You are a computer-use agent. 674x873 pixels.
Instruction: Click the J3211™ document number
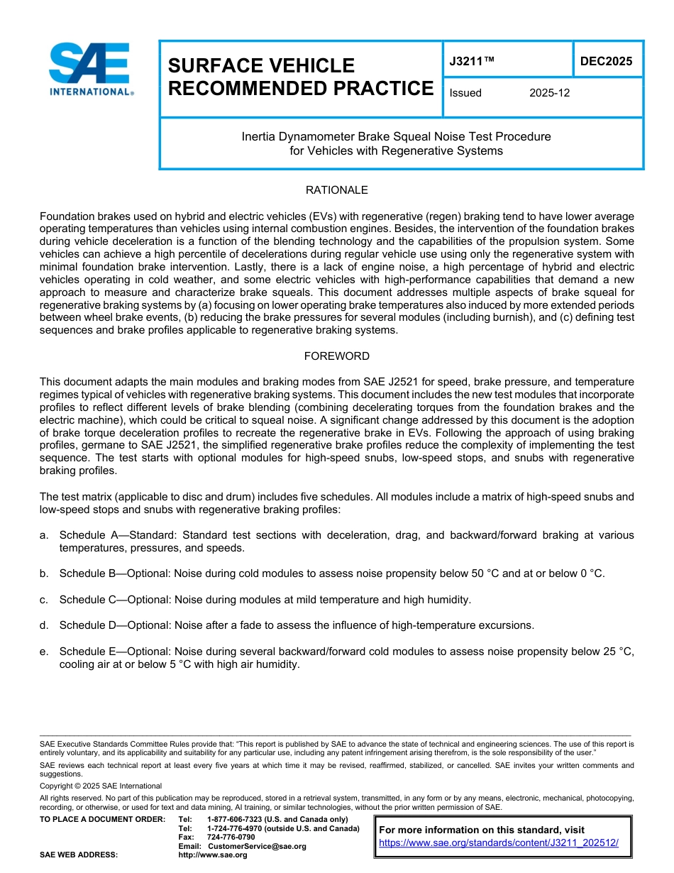[x=471, y=62]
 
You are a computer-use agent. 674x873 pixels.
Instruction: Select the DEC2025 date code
[x=606, y=62]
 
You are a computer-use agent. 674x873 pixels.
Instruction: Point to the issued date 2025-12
[x=549, y=93]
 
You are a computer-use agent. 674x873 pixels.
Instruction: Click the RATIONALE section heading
[x=336, y=190]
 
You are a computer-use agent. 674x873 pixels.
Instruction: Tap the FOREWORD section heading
[x=336, y=356]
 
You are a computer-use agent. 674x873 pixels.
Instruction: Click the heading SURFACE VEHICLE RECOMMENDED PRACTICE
[x=300, y=77]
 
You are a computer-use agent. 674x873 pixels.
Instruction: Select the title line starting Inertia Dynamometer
[x=396, y=136]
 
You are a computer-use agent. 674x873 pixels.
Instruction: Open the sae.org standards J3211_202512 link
[x=499, y=843]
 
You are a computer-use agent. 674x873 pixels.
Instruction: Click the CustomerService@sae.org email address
[x=257, y=846]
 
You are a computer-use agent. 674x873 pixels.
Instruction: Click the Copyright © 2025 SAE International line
[x=101, y=786]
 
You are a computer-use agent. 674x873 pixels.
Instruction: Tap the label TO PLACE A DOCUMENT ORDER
[x=102, y=819]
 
